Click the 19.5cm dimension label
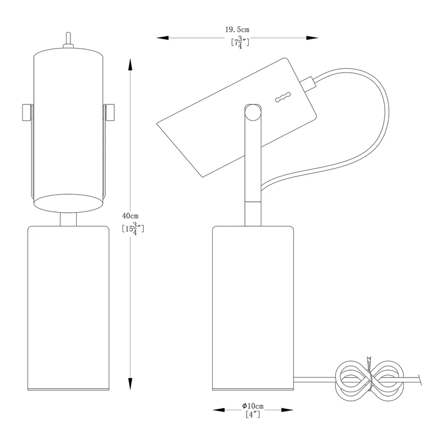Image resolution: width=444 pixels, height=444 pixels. pos(238,29)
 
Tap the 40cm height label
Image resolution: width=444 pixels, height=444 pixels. pos(130,216)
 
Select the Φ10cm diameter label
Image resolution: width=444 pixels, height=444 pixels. pos(253,406)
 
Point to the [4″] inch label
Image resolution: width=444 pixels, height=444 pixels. pos(253,415)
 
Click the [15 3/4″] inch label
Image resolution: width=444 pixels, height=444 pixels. pos(133,228)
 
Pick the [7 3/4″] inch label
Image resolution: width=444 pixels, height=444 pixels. pos(240,42)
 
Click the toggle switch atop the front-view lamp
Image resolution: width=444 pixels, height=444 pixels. pos(68,40)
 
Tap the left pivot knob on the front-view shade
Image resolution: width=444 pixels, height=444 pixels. pos(27,113)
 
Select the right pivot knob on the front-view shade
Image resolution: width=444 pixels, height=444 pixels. pos(109,113)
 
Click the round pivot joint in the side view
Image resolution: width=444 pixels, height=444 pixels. pos(253,112)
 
